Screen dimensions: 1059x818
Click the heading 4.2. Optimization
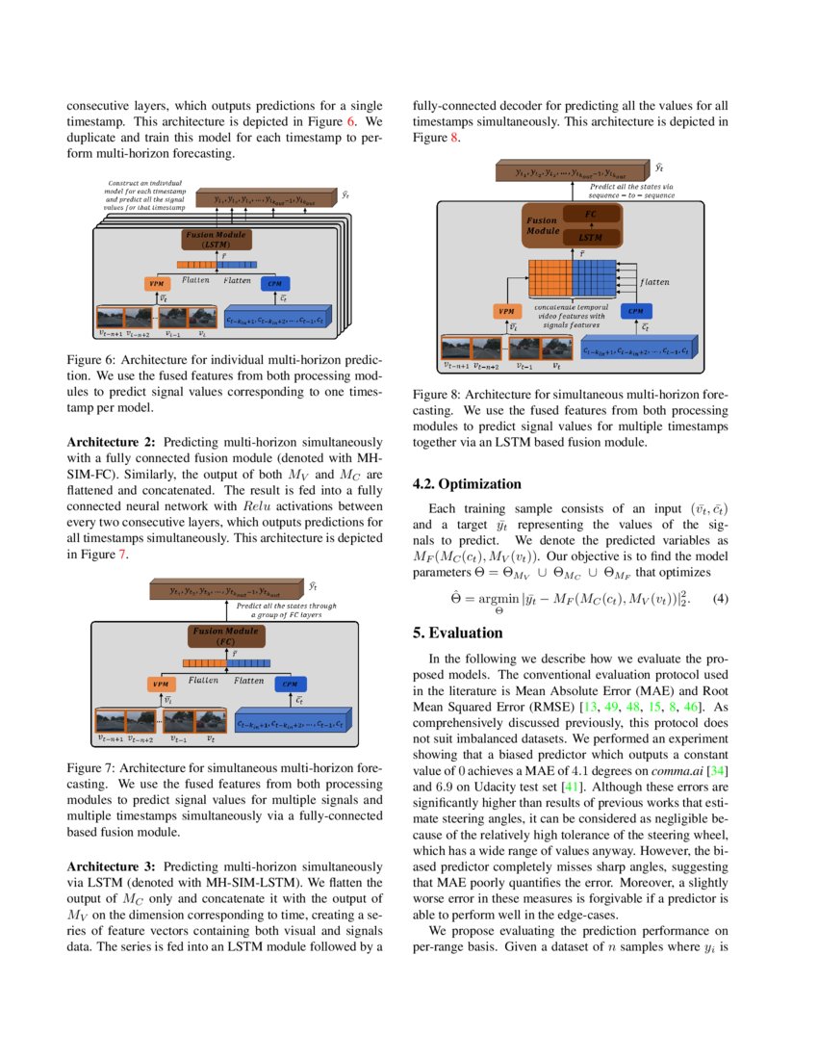(x=467, y=484)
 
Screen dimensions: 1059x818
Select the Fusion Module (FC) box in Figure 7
(x=222, y=635)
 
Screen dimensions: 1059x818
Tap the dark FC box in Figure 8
(x=591, y=213)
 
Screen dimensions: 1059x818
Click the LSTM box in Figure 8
(x=591, y=236)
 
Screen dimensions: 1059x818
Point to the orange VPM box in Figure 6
(x=157, y=283)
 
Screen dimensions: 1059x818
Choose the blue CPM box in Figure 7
(x=290, y=684)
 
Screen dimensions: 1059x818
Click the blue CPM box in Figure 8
(x=636, y=311)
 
